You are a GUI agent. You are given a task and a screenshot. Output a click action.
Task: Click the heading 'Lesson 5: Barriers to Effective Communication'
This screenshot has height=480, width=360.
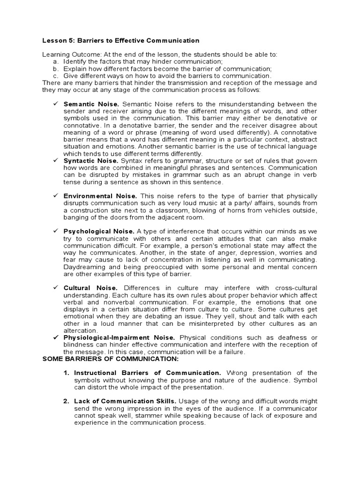pyautogui.click(x=114, y=41)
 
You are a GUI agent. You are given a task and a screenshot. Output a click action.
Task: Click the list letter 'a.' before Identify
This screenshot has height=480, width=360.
pyautogui.click(x=56, y=62)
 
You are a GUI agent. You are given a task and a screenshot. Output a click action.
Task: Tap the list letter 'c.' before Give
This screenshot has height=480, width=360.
pyautogui.click(x=56, y=75)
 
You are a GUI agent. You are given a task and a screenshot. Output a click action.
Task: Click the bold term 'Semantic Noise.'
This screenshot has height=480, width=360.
pyautogui.click(x=91, y=104)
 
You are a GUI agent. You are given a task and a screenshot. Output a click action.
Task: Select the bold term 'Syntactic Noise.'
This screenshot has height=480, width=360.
pyautogui.click(x=92, y=161)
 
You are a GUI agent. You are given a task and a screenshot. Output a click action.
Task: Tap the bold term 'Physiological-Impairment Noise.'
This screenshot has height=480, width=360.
pyautogui.click(x=120, y=337)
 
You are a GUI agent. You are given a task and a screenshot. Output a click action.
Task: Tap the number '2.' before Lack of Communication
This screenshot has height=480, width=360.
pyautogui.click(x=67, y=401)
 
